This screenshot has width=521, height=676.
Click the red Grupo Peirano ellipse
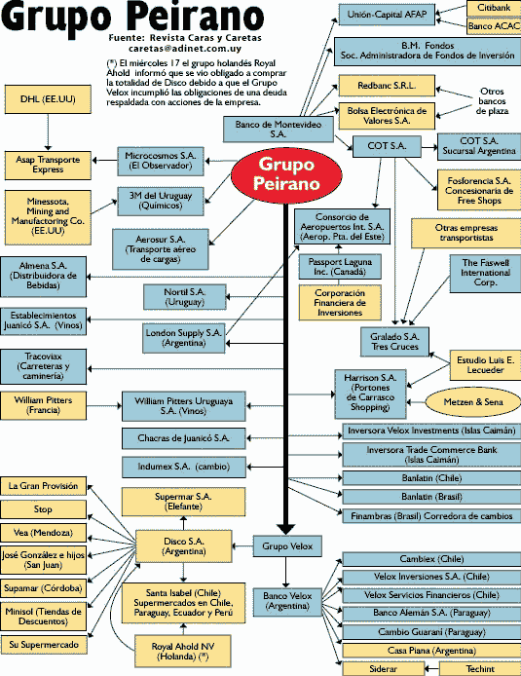[x=286, y=174]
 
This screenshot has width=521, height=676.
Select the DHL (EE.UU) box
[x=48, y=99]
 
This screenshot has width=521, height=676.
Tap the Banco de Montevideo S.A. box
[x=278, y=129]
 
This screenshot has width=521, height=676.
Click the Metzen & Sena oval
[x=473, y=402]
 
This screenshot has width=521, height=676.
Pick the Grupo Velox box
[x=287, y=546]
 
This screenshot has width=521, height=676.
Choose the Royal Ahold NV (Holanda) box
[x=183, y=652]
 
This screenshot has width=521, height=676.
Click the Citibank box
[x=494, y=8]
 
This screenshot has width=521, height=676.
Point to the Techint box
[x=480, y=668]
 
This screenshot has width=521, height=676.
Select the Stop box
[x=43, y=509]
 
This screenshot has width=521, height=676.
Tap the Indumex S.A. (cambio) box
[x=184, y=467]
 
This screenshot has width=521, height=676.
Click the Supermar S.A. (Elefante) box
[x=184, y=502]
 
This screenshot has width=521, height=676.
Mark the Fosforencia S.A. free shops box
[x=479, y=190]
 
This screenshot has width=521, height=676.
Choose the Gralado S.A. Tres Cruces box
[x=394, y=342]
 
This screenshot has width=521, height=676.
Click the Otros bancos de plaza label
[x=492, y=101]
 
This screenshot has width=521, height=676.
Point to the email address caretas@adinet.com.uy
[x=185, y=49]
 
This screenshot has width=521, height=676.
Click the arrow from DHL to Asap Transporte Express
[x=48, y=132]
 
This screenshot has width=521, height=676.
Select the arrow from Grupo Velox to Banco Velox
[x=285, y=573]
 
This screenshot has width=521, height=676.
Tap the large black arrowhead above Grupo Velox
[x=285, y=529]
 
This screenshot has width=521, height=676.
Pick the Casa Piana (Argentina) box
[x=431, y=650]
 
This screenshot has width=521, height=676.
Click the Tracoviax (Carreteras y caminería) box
[x=43, y=366]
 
